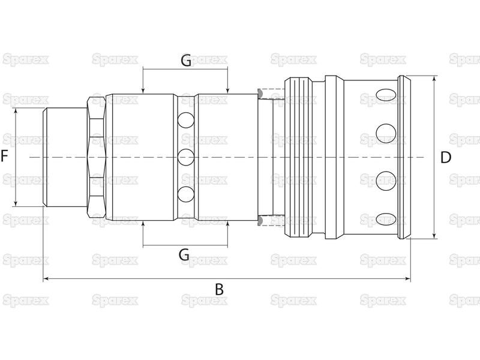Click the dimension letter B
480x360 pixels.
click(219, 290)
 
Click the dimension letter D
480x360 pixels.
click(445, 158)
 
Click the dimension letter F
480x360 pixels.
click(4, 156)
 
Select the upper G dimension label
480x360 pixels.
click(186, 61)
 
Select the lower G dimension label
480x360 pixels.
click(184, 254)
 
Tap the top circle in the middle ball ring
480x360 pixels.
click(186, 120)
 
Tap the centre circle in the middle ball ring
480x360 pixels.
click(186, 157)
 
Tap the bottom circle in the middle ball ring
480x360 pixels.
click(186, 194)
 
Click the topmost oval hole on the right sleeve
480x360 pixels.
click(386, 95)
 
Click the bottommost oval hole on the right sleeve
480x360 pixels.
click(386, 220)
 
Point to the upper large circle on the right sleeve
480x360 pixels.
click(386, 133)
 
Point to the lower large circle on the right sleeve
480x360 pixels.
click(386, 181)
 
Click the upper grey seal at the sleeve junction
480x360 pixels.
click(260, 94)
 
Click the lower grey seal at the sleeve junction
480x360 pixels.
click(260, 221)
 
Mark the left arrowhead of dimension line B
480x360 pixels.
click(46, 278)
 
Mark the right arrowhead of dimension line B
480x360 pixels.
click(407, 278)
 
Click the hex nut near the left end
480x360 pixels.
click(97, 157)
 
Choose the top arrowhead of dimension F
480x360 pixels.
click(16, 111)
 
